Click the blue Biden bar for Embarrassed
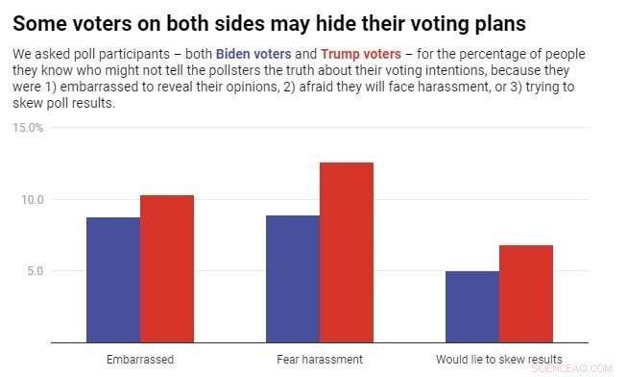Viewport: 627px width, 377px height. tap(112, 280)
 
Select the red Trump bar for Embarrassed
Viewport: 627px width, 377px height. tap(167, 269)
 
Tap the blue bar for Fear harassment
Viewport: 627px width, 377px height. tap(292, 279)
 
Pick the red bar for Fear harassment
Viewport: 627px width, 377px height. tap(347, 252)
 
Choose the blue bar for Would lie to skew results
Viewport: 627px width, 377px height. tap(471, 307)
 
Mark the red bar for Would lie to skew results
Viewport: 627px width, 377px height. tap(526, 293)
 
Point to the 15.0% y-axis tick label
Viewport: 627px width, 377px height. tap(28, 128)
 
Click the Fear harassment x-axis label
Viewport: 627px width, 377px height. tap(319, 359)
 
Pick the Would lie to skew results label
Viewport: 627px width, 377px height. tap(498, 359)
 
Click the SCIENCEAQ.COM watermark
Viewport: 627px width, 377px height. tap(579, 366)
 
